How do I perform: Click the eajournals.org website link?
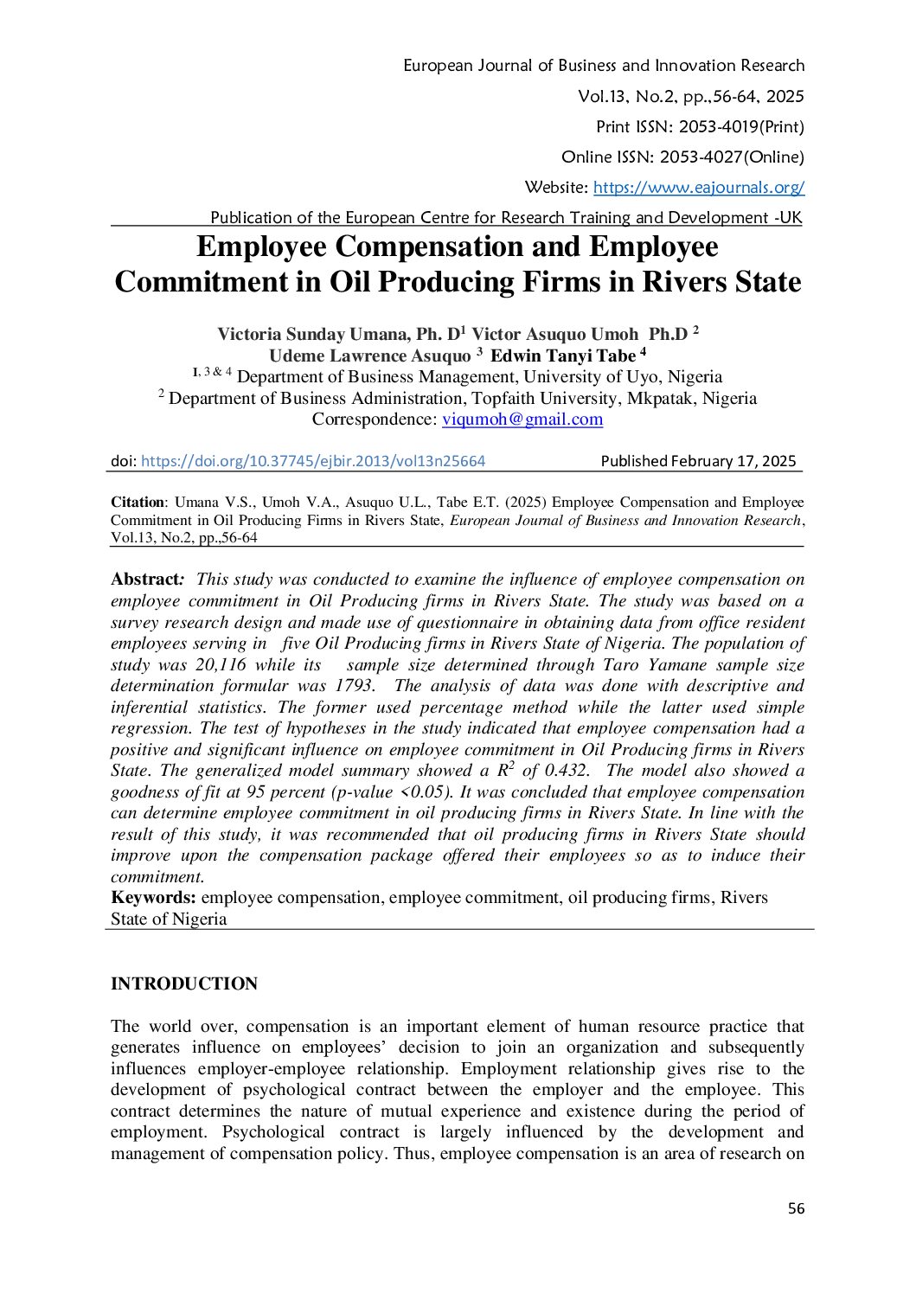point(699,187)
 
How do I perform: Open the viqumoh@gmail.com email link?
point(522,420)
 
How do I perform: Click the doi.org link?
point(312,462)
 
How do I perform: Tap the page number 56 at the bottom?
point(796,1209)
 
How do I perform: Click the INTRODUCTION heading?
point(184,983)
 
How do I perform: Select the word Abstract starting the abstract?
point(144,580)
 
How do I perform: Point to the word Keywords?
point(153,898)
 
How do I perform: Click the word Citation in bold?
point(138,503)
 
